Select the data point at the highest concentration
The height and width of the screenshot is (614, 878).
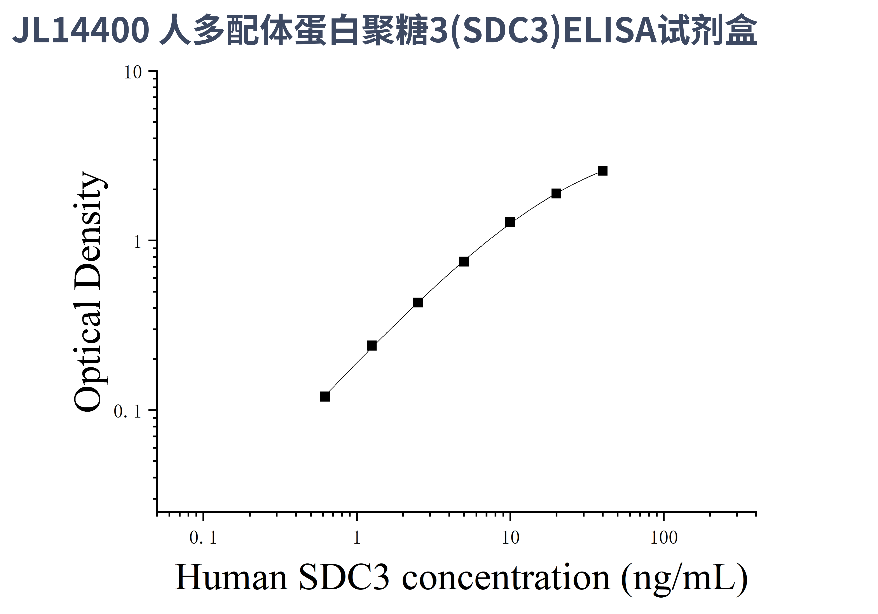602,171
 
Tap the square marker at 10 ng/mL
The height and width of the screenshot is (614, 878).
510,222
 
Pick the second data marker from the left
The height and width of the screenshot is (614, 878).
371,346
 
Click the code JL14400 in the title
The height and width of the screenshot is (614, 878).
81,31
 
